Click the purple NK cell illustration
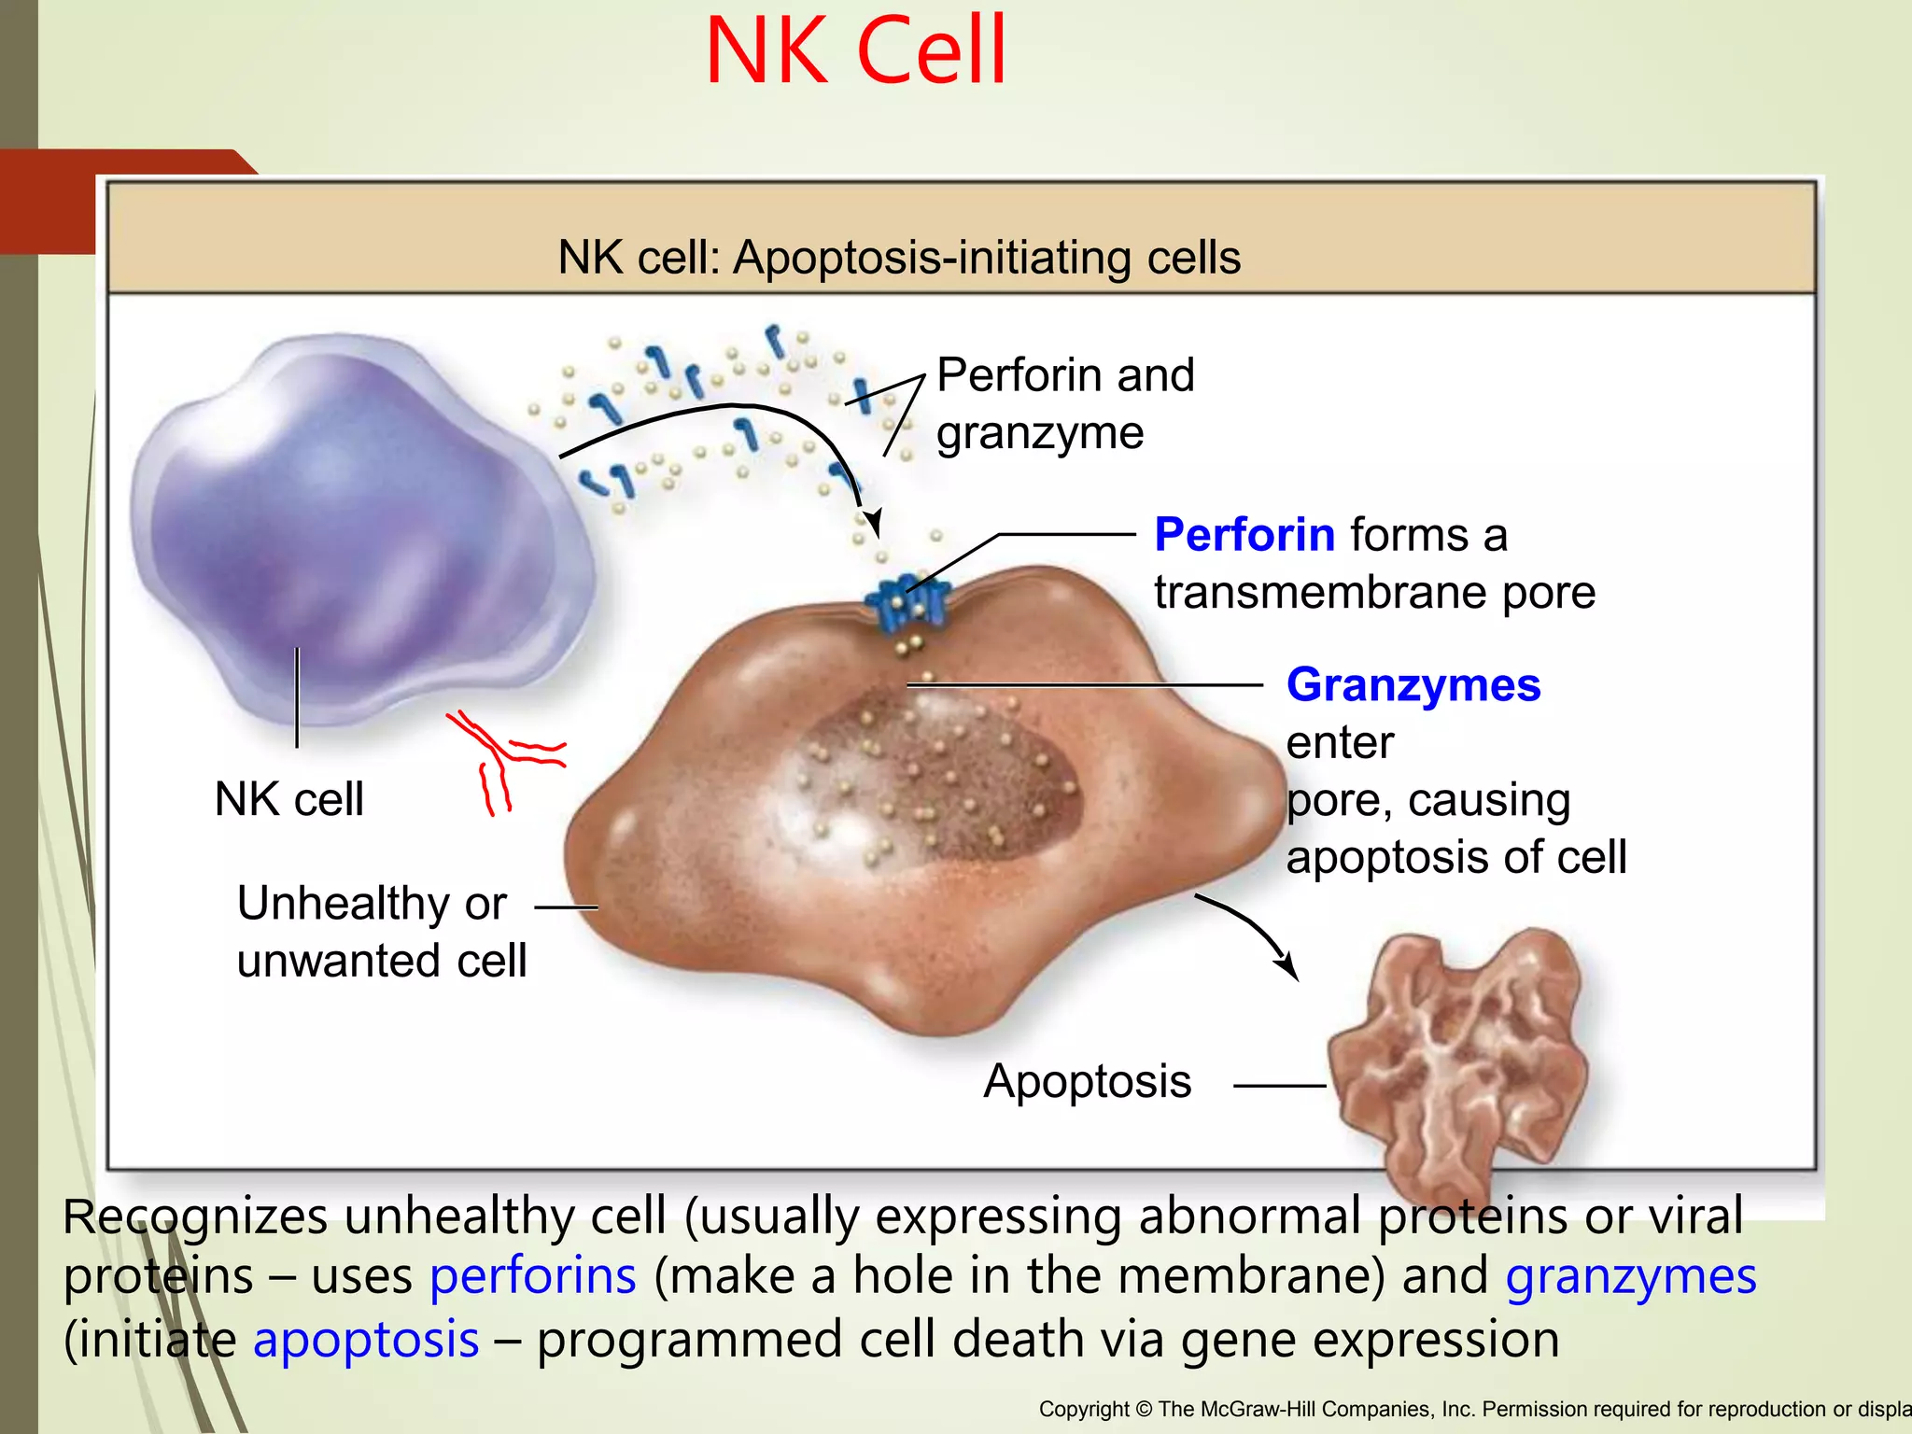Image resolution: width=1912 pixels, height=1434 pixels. coord(359,527)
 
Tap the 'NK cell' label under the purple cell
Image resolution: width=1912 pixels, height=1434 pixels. coord(288,800)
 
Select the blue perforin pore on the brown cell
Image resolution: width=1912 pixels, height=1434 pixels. coord(907,602)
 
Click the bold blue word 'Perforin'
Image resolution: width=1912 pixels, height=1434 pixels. coord(1244,535)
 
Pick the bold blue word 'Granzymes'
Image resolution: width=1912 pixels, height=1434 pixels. coord(1413,684)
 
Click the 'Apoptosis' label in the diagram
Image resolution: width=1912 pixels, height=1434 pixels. coord(1087,1082)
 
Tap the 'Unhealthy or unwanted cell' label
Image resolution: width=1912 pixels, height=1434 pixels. coord(381,932)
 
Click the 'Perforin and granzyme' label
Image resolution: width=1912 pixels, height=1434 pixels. coord(1064,403)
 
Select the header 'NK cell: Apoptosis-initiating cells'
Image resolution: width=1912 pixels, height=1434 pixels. coord(899,257)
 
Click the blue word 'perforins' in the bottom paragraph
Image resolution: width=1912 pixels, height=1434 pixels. coord(532,1276)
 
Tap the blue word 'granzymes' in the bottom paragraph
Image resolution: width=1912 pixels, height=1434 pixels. coord(1630,1276)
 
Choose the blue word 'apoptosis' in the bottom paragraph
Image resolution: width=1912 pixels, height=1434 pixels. coord(366,1340)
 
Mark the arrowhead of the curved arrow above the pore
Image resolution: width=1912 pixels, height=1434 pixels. coord(874,524)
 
